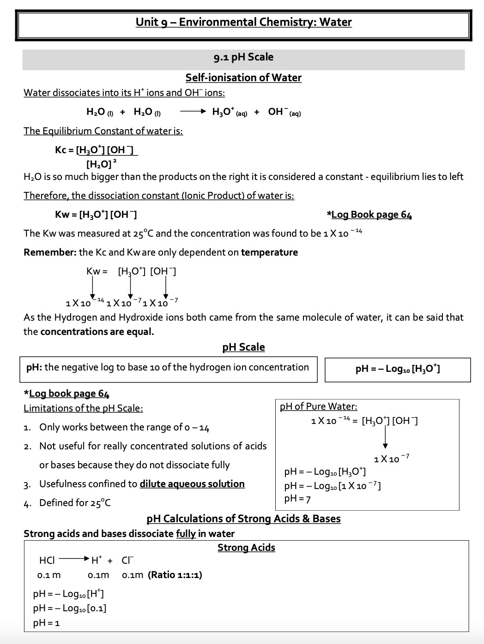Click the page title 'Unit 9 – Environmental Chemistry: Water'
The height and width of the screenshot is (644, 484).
pyautogui.click(x=243, y=22)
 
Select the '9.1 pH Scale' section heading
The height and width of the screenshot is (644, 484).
pyautogui.click(x=243, y=57)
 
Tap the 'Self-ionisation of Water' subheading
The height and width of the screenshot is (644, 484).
pyautogui.click(x=243, y=78)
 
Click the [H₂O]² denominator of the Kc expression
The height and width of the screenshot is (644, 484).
pyautogui.click(x=101, y=163)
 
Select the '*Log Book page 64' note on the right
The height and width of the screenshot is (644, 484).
pyautogui.click(x=369, y=215)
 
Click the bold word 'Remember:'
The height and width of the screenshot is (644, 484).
pyautogui.click(x=49, y=252)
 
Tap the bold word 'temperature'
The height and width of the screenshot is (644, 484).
pyautogui.click(x=269, y=252)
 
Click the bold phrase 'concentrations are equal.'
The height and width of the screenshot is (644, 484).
pyautogui.click(x=97, y=332)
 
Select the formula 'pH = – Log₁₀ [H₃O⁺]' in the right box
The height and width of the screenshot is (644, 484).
pyautogui.click(x=398, y=369)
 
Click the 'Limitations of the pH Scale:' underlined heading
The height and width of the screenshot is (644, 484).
pyautogui.click(x=83, y=408)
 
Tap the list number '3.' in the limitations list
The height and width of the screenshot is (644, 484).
pyautogui.click(x=27, y=484)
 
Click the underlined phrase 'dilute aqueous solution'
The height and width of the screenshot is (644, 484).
pyautogui.click(x=192, y=484)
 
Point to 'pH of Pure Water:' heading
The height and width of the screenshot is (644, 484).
pyautogui.click(x=318, y=406)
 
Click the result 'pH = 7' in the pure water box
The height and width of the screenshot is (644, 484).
pyautogui.click(x=297, y=499)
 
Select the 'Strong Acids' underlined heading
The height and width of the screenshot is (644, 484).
pyautogui.click(x=246, y=548)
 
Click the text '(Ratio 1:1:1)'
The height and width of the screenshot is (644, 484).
pyautogui.click(x=175, y=575)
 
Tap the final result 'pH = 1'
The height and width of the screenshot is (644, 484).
pyautogui.click(x=46, y=623)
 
